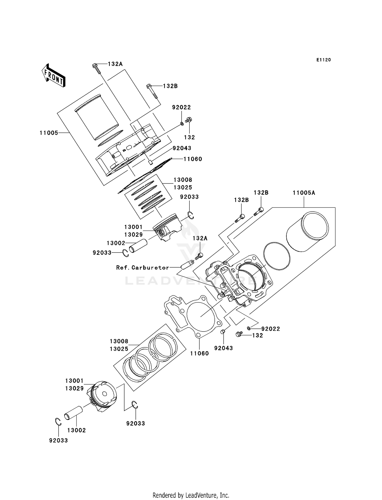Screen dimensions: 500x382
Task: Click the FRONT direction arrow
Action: (53, 76)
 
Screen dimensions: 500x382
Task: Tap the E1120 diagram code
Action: (323, 60)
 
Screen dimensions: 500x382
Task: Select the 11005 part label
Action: (49, 133)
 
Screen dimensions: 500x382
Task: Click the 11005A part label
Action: (304, 193)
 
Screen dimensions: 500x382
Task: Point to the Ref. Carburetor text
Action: (143, 268)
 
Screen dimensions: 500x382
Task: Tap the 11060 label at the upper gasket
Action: (193, 159)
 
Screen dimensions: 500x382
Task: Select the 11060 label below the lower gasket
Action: (199, 353)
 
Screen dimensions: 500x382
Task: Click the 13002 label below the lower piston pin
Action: (76, 430)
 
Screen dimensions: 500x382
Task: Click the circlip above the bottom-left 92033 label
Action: (58, 422)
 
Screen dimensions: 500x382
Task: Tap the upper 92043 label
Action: (182, 148)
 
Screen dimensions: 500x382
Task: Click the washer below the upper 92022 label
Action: (182, 124)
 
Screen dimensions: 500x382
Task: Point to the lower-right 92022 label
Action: (270, 329)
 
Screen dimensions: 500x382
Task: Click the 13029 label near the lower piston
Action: (74, 388)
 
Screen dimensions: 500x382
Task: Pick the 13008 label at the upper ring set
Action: (183, 180)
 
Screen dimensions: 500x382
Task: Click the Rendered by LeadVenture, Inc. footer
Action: (191, 495)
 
